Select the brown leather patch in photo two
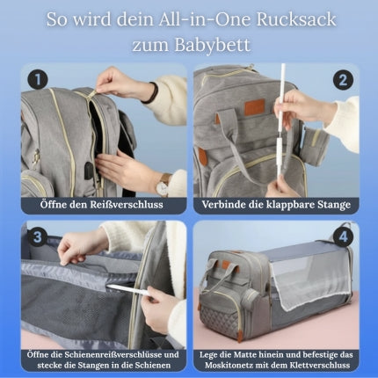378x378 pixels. (254, 106)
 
